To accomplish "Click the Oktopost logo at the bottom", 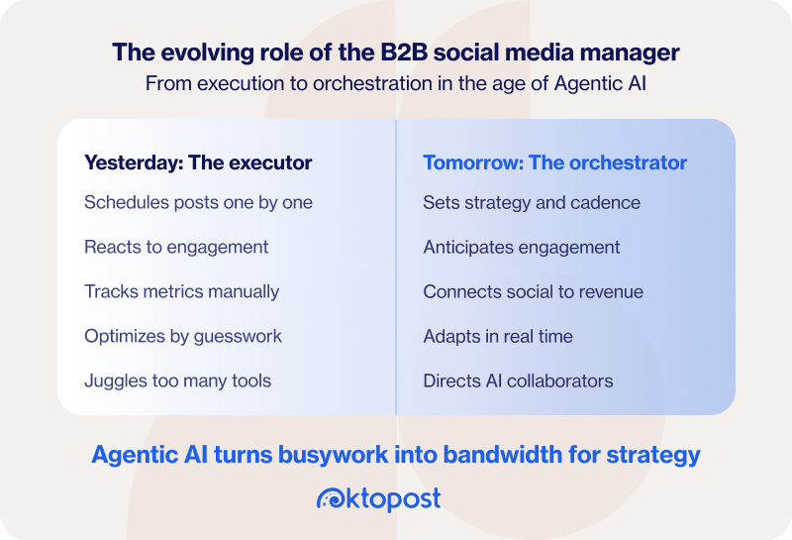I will (x=378, y=498).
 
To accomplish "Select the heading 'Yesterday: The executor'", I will (x=198, y=162).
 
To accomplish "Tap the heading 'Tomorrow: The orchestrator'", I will (x=554, y=162).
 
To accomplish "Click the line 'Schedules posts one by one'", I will (x=198, y=202).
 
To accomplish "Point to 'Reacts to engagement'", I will (x=176, y=247).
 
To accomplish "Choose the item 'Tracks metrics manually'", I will (x=181, y=291).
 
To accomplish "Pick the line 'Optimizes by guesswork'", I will (x=183, y=336).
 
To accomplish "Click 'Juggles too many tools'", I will (x=177, y=380).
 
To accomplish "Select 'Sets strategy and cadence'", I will (x=532, y=202).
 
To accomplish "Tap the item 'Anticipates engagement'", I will (x=521, y=247).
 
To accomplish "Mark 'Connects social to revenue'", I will (x=533, y=291).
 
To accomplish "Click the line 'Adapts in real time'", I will (x=498, y=336).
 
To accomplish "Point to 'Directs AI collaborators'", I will (x=518, y=380).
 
